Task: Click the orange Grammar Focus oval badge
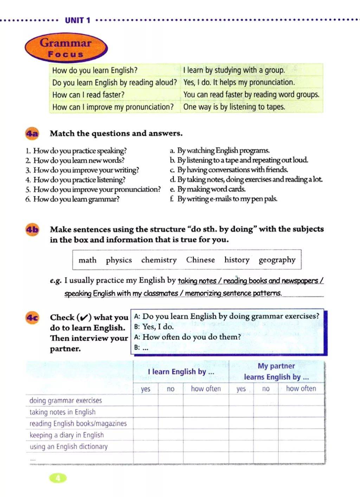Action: (x=66, y=48)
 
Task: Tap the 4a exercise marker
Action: (x=32, y=133)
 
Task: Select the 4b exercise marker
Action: (x=32, y=230)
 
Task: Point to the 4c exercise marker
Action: (x=32, y=318)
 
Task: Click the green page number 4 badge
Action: (x=58, y=478)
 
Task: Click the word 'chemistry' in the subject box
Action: (x=159, y=260)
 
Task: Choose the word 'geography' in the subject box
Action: (x=277, y=260)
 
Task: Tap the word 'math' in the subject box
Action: (x=87, y=260)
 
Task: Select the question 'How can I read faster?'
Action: (x=88, y=95)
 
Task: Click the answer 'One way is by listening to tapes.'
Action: (x=234, y=107)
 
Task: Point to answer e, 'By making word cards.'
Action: (x=211, y=189)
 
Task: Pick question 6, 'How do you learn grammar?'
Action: (x=76, y=199)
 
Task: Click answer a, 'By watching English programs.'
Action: (x=223, y=151)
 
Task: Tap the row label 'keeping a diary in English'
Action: (x=66, y=435)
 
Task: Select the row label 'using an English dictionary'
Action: (x=69, y=446)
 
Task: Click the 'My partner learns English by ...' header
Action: (x=276, y=371)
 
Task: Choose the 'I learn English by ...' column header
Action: (x=181, y=372)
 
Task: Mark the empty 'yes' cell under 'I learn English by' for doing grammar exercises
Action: (x=146, y=400)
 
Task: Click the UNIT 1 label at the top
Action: (x=77, y=20)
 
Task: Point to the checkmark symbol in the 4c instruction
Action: (x=84, y=318)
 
